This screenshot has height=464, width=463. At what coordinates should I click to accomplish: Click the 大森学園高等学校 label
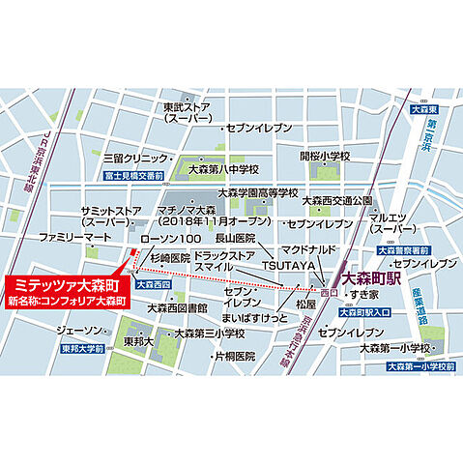[257, 192]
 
